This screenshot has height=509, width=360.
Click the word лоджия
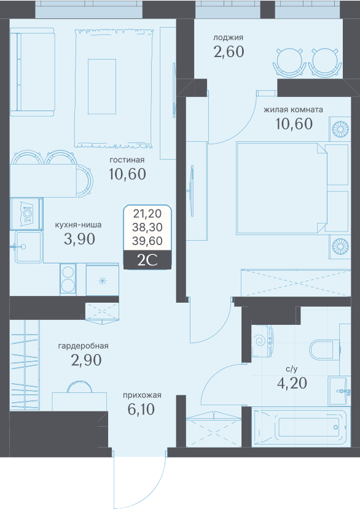[x=228, y=38]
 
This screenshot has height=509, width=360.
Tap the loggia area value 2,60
[x=229, y=52]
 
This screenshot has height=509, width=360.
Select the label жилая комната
[x=293, y=110]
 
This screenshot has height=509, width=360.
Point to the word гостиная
[x=127, y=160]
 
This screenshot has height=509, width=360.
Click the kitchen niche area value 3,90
[x=80, y=239]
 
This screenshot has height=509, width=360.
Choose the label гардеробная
[x=83, y=346]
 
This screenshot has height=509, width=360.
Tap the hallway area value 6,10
[x=141, y=410]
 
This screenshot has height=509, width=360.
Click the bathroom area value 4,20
[x=292, y=383]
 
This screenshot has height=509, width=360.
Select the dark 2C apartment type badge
[x=147, y=260]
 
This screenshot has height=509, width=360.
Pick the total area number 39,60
[x=147, y=241]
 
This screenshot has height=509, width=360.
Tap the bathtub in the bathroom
[x=301, y=427]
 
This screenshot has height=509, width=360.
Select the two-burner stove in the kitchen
[x=68, y=279]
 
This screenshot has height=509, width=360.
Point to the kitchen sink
[x=28, y=247]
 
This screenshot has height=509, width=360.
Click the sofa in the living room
[x=32, y=72]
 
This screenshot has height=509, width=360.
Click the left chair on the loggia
[x=289, y=63]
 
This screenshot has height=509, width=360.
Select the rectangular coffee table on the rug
[x=102, y=87]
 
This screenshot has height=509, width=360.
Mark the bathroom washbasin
[x=339, y=391]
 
